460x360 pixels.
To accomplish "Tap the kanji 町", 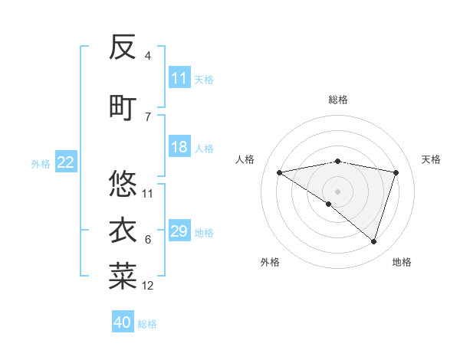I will click(x=123, y=107).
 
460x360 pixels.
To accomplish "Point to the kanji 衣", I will click(x=123, y=231).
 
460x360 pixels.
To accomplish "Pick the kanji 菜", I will click(x=123, y=277).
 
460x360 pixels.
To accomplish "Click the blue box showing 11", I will click(x=179, y=78).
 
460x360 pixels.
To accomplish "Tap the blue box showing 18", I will click(x=179, y=147).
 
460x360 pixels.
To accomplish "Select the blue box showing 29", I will click(x=179, y=231).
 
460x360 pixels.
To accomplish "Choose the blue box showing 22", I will click(x=66, y=162).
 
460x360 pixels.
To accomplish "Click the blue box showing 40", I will click(x=123, y=322).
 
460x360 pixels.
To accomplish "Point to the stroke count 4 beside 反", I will click(x=147, y=56).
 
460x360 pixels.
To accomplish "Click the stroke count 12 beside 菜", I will click(x=148, y=286).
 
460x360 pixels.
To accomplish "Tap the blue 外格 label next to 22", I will click(x=41, y=163).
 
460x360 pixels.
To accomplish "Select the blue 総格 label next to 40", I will click(x=147, y=324).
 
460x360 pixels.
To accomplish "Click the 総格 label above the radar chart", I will click(x=337, y=100).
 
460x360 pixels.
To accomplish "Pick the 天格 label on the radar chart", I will click(x=431, y=159).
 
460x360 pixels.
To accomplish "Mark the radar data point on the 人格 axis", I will click(x=279, y=172).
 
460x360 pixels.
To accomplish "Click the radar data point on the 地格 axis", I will click(x=373, y=241).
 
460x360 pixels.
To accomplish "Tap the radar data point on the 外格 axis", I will click(x=329, y=204).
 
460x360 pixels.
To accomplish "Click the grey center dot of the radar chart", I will click(x=337, y=191).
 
